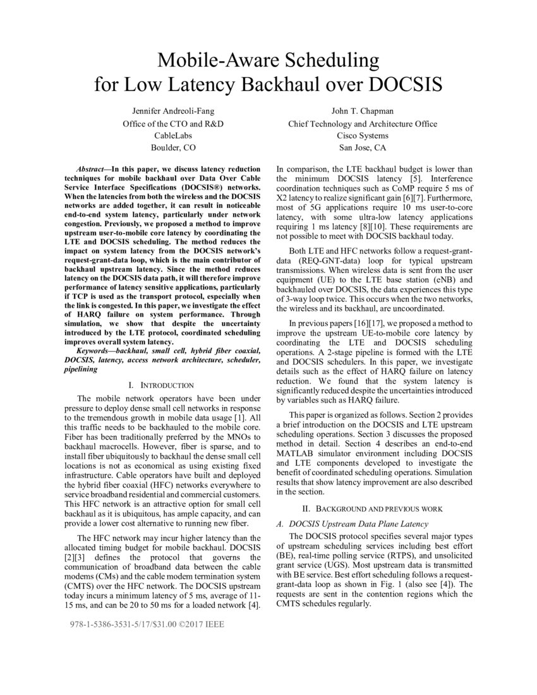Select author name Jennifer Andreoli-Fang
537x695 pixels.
[173, 111]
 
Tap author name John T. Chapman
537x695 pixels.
[363, 111]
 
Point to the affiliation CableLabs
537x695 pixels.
[173, 135]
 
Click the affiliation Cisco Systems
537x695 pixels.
[363, 135]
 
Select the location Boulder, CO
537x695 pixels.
[173, 148]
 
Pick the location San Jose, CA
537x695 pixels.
[363, 148]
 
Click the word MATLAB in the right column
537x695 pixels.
[298, 454]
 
